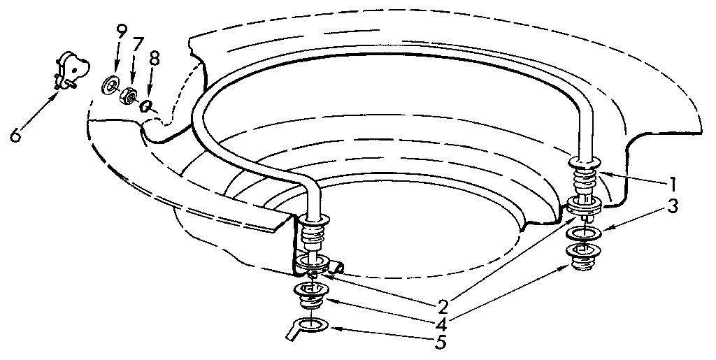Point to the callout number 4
(x=442, y=325)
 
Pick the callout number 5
(x=441, y=343)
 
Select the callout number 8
(x=155, y=59)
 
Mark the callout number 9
(x=121, y=34)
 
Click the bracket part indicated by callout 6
(x=71, y=70)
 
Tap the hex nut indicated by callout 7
(x=129, y=96)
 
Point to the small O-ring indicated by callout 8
(x=146, y=106)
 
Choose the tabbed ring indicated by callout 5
(x=307, y=327)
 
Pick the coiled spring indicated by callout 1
(x=584, y=179)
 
